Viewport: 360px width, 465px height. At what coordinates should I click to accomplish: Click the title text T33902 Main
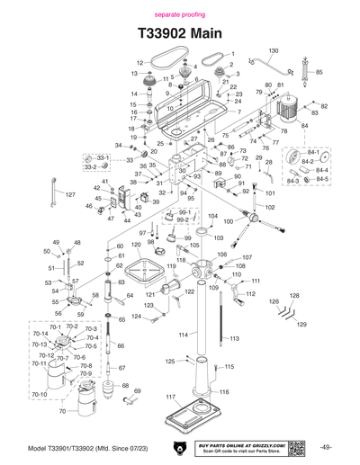point(180,33)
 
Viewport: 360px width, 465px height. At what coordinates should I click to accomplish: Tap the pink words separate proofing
point(180,14)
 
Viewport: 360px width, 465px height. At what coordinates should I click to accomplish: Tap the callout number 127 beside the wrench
point(70,194)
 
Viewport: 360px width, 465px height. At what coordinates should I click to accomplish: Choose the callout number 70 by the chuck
point(62,411)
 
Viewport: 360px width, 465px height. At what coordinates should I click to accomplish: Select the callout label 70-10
point(39,394)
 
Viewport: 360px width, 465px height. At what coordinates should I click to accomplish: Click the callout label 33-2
point(90,166)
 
